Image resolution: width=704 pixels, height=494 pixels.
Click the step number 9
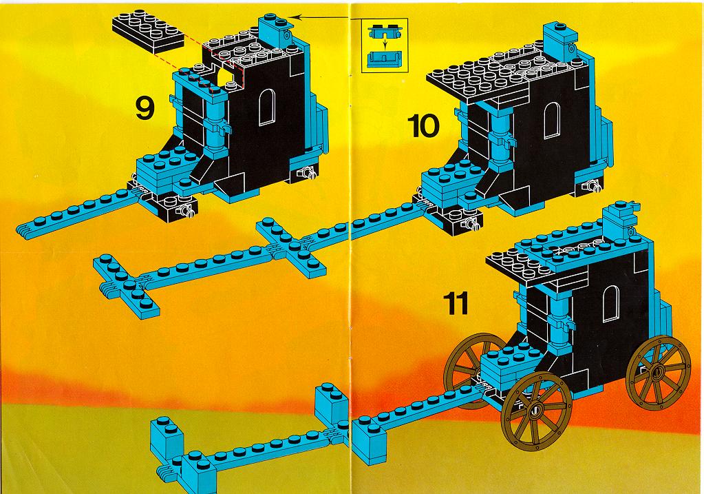(x=145, y=108)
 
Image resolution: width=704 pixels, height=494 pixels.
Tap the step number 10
(x=423, y=125)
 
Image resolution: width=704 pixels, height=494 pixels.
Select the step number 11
(x=456, y=303)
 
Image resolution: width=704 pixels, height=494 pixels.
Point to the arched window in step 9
(x=267, y=107)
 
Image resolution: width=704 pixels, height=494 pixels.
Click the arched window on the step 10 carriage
(x=551, y=120)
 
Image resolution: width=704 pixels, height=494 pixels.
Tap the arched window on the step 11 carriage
(x=611, y=303)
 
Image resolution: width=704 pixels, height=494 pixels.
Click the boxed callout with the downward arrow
(x=385, y=45)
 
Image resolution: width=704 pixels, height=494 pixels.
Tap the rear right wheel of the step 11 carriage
(x=659, y=372)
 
